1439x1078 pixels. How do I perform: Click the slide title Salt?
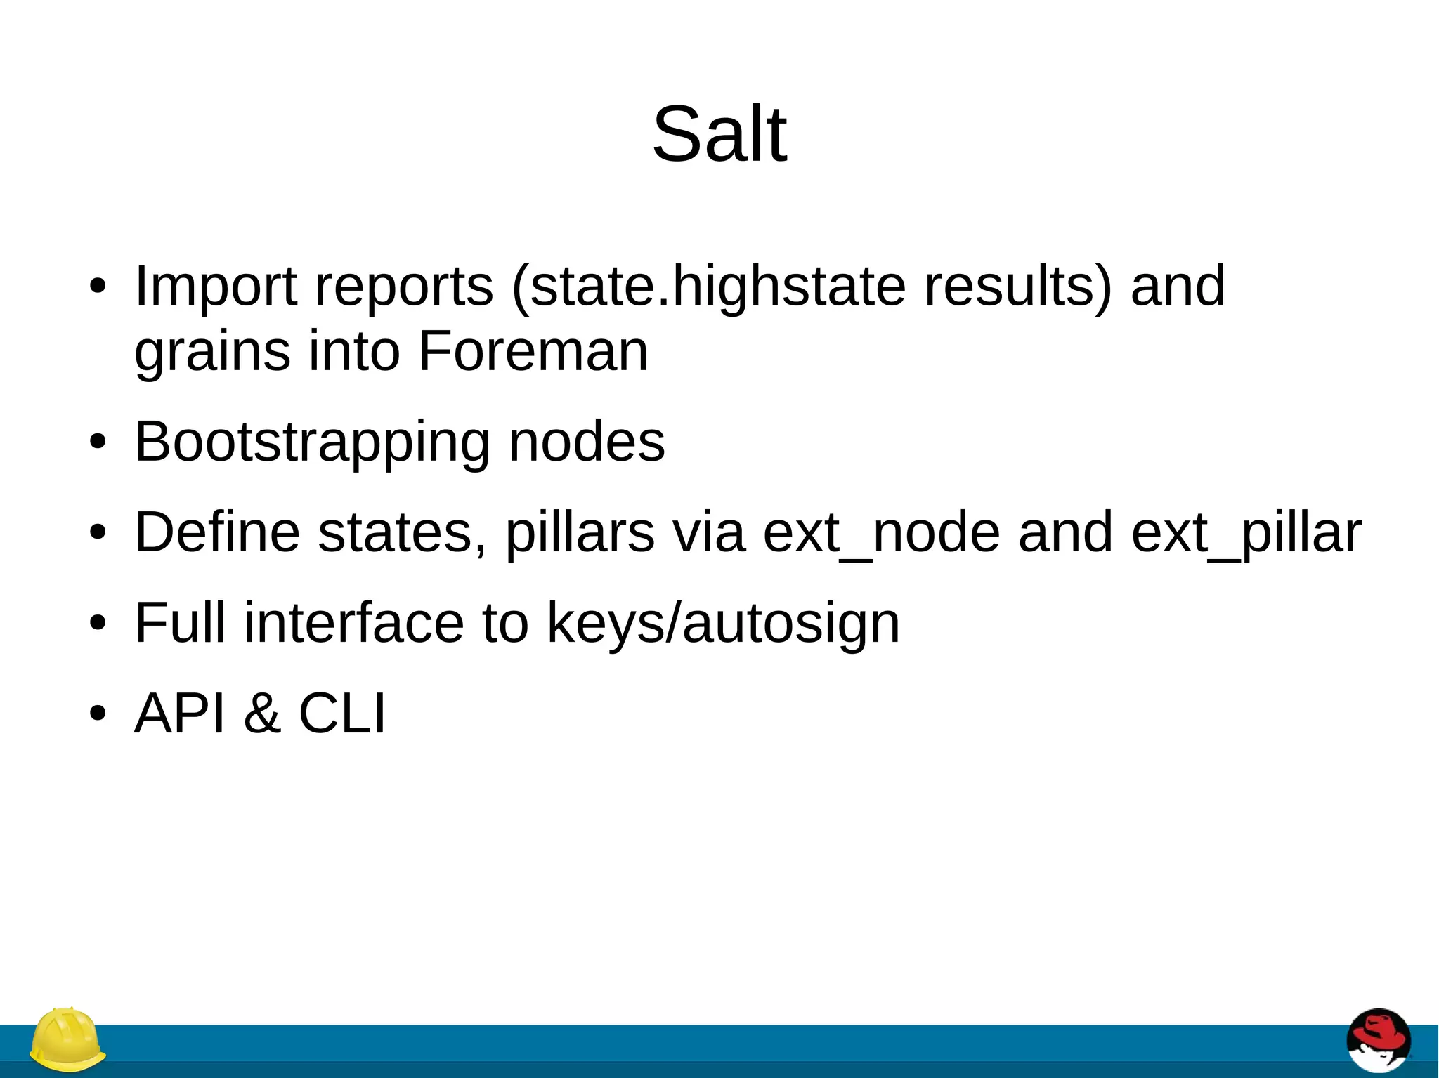(x=719, y=133)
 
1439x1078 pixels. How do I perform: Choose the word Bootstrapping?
(x=312, y=442)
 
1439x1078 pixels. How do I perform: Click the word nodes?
(x=586, y=442)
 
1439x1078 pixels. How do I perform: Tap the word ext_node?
(x=881, y=533)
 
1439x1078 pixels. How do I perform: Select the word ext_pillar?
(x=1246, y=533)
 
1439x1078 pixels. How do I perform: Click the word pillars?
(x=580, y=533)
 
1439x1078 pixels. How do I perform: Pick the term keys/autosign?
(x=723, y=624)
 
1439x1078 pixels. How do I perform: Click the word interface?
(x=353, y=623)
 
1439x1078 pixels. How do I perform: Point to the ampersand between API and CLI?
(x=262, y=714)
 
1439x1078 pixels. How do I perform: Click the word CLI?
(x=342, y=714)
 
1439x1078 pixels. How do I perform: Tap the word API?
(x=180, y=714)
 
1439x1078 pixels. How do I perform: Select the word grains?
(x=211, y=352)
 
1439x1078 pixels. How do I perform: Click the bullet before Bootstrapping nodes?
(x=98, y=442)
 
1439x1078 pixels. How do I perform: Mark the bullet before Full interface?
(x=98, y=623)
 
